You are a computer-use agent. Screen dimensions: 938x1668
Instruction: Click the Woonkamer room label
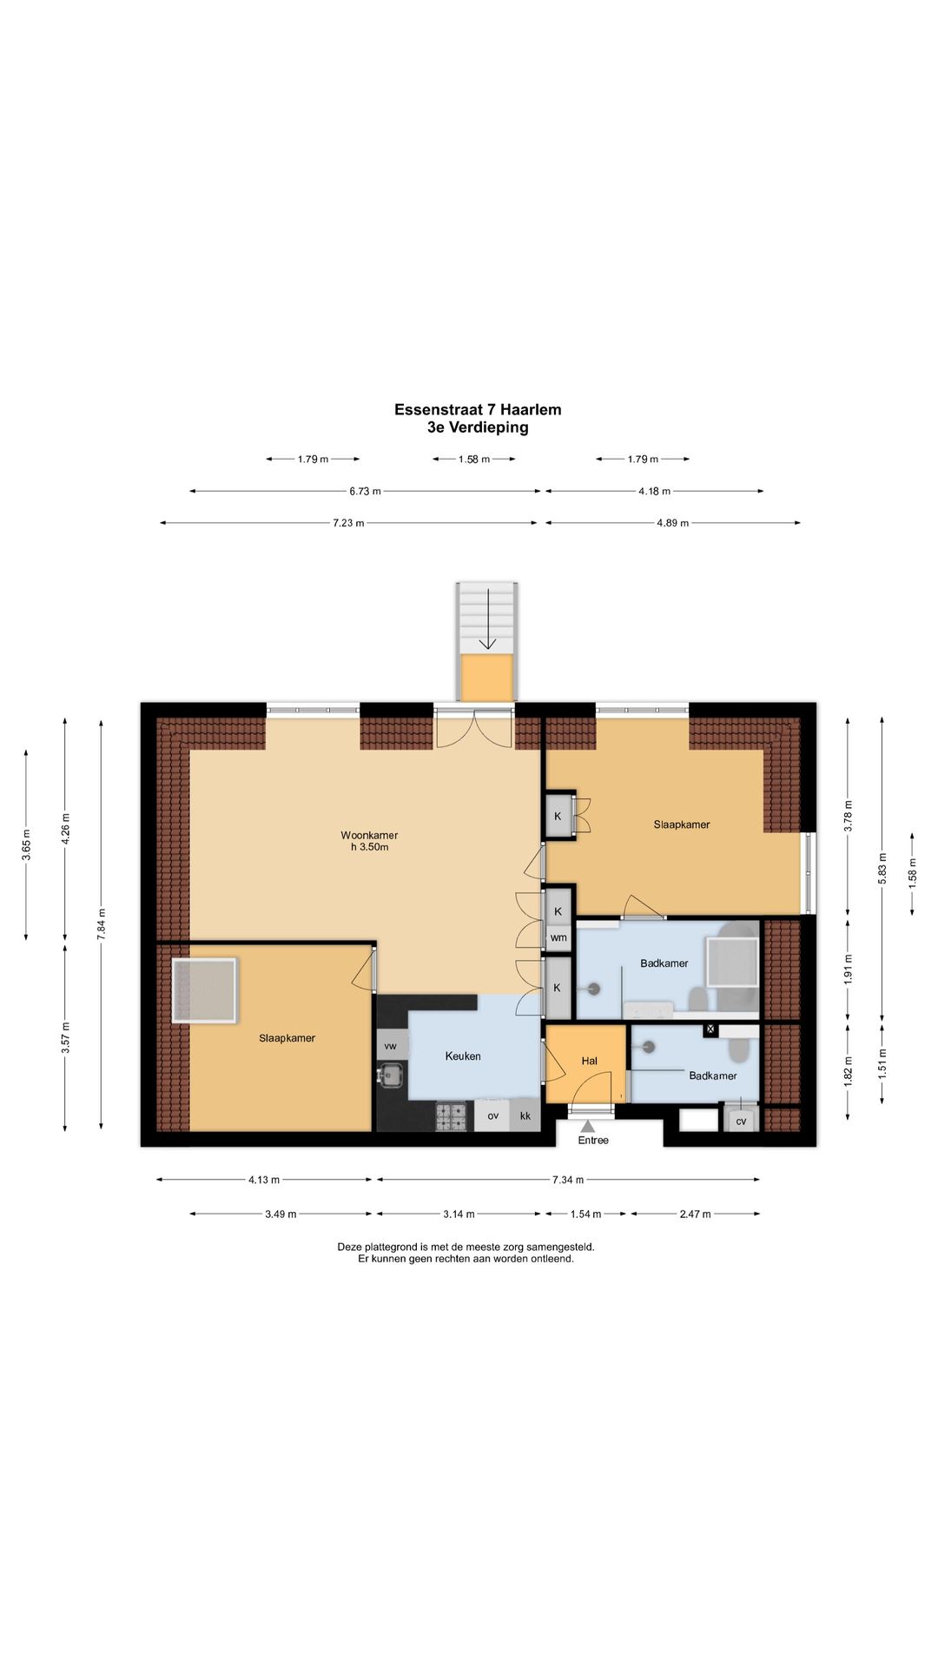[369, 835]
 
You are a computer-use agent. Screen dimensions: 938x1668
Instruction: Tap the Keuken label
[463, 1056]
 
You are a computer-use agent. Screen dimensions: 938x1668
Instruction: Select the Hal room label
[590, 1061]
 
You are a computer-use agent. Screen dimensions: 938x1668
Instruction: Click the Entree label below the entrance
[593, 1141]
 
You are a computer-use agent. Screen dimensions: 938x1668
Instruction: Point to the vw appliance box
[391, 1046]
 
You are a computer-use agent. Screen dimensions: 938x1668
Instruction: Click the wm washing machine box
[558, 937]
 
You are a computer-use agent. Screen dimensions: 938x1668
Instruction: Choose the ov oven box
[492, 1115]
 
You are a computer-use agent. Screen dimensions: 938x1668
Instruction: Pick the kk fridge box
[525, 1115]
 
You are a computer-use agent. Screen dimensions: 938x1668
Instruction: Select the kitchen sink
[392, 1076]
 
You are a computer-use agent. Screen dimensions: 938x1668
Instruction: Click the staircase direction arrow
[488, 619]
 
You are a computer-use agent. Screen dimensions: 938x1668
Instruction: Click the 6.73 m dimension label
[365, 491]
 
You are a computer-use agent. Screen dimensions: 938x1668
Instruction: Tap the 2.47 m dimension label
[695, 1214]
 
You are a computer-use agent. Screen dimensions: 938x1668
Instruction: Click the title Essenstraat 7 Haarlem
[478, 409]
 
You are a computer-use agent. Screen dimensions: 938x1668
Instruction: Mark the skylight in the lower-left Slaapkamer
[204, 990]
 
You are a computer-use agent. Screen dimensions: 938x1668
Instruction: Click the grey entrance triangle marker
[588, 1126]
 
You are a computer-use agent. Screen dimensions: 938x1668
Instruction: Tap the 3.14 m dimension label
[459, 1214]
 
